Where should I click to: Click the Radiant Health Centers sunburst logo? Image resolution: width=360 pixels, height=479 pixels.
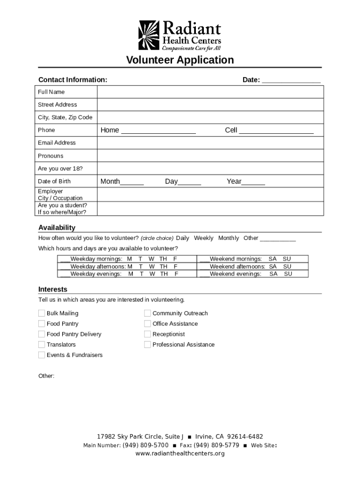pyautogui.click(x=149, y=35)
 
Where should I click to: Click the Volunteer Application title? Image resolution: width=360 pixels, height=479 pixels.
pyautogui.click(x=180, y=60)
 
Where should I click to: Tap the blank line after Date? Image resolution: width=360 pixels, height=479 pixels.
pyautogui.click(x=291, y=80)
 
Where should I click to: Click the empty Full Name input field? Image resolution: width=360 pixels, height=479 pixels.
pyautogui.click(x=210, y=92)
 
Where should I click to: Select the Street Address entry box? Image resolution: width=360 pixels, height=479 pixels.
pyautogui.click(x=210, y=105)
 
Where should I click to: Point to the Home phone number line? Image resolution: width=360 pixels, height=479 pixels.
pyautogui.click(x=158, y=131)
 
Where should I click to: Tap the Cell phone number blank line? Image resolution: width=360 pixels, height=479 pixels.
pyautogui.click(x=276, y=131)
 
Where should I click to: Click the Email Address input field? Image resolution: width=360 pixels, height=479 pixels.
pyautogui.click(x=210, y=143)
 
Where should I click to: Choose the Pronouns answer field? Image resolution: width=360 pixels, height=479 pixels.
pyautogui.click(x=210, y=156)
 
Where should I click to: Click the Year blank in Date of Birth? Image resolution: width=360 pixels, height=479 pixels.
pyautogui.click(x=253, y=182)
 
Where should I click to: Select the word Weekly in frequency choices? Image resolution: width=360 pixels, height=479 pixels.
pyautogui.click(x=203, y=238)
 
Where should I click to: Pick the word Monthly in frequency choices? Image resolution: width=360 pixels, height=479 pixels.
pyautogui.click(x=228, y=238)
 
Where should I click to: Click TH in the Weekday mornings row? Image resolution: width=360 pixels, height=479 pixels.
pyautogui.click(x=163, y=259)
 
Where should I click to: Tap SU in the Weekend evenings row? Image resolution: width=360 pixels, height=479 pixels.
pyautogui.click(x=288, y=274)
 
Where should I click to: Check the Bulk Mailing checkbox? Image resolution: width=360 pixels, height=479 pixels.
pyautogui.click(x=42, y=313)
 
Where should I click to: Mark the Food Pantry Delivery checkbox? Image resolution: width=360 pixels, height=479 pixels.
pyautogui.click(x=42, y=334)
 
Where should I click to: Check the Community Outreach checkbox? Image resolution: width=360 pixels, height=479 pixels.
pyautogui.click(x=147, y=313)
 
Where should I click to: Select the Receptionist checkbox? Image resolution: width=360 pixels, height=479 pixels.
pyautogui.click(x=147, y=334)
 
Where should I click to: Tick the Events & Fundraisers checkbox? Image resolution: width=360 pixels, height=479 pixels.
pyautogui.click(x=42, y=355)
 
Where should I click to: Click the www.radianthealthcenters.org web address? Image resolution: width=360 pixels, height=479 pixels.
pyautogui.click(x=180, y=454)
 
